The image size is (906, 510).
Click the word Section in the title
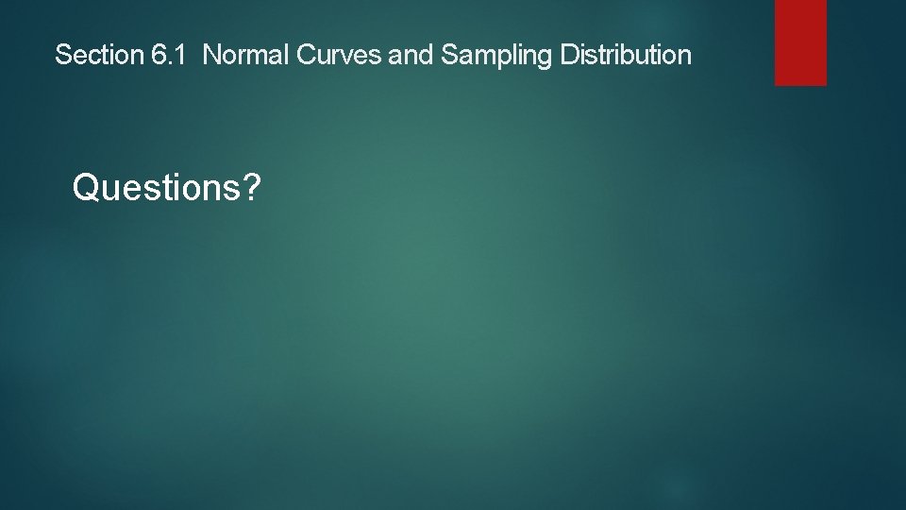98,56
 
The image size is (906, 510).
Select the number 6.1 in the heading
171,56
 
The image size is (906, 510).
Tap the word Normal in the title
246,56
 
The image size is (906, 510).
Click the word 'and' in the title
410,56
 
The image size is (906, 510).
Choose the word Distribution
626,56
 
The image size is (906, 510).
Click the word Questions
156,188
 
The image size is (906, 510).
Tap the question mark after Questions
250,188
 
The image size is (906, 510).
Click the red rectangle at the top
800,42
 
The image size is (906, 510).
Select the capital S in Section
62,56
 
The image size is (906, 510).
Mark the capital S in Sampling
448,56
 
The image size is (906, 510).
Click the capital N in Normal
211,56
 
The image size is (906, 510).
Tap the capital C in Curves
305,56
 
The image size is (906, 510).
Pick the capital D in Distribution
568,56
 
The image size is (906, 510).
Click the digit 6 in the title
158,56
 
